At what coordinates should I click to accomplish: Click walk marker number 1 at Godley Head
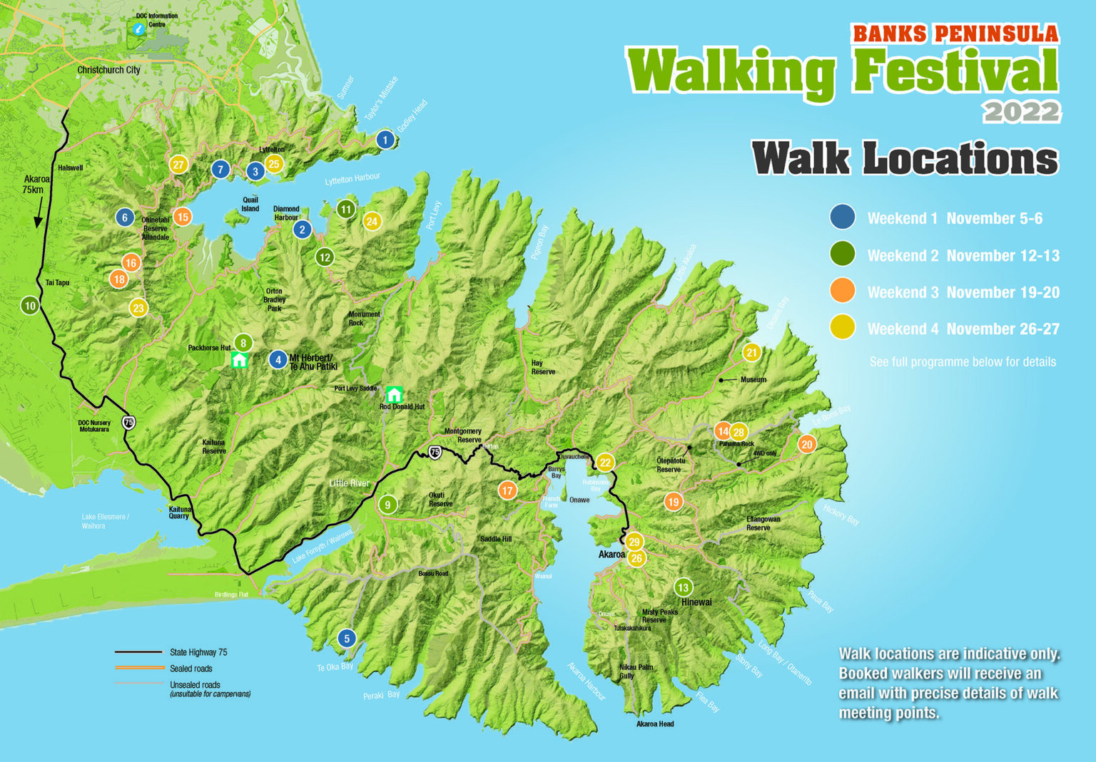click(x=385, y=140)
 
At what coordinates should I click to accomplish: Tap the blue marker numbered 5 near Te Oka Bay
click(x=347, y=639)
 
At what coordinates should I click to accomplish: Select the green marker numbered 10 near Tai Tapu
click(x=30, y=306)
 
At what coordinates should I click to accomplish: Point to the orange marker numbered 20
click(x=806, y=445)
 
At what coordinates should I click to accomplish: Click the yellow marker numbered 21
click(x=751, y=352)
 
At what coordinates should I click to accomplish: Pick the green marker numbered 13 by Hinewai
click(x=683, y=587)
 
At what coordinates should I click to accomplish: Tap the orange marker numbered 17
click(x=507, y=490)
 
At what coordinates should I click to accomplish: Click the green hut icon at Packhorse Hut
click(x=239, y=360)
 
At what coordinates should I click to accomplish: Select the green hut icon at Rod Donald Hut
click(x=394, y=394)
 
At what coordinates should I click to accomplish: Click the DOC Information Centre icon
click(x=139, y=29)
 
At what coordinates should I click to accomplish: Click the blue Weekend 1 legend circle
click(x=843, y=217)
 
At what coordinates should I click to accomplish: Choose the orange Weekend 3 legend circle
click(x=843, y=292)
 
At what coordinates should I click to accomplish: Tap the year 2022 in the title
click(x=1021, y=112)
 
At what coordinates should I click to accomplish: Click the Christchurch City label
click(x=108, y=70)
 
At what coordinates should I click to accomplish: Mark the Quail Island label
click(x=250, y=205)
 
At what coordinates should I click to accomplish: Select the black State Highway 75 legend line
click(x=139, y=652)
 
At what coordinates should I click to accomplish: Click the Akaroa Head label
click(x=654, y=724)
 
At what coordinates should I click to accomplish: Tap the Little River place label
click(x=349, y=483)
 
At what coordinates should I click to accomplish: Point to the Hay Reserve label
click(x=542, y=367)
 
